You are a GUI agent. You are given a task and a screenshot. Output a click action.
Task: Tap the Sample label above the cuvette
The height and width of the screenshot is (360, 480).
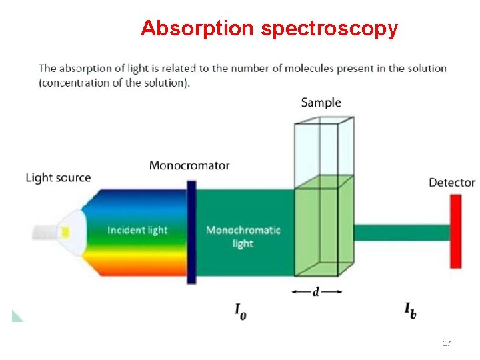321,103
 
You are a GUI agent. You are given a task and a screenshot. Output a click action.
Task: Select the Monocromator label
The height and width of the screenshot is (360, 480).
189,165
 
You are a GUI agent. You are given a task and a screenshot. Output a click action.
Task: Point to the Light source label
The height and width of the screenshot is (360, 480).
58,177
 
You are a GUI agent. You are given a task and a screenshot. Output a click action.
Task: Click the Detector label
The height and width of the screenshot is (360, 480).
451,182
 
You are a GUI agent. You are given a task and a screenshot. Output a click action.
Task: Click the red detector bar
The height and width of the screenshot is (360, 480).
455,231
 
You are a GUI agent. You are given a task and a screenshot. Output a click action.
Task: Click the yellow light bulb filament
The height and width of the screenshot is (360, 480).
65,232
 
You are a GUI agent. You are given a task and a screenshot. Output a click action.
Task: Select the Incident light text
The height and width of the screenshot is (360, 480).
137,230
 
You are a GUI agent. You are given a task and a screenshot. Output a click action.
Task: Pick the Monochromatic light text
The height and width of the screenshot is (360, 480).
243,237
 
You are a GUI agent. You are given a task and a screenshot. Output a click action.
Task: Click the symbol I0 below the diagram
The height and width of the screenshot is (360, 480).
240,311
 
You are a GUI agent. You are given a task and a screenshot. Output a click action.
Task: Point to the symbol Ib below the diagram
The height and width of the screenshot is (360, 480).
410,310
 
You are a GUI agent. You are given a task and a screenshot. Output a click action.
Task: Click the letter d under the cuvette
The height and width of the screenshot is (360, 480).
316,292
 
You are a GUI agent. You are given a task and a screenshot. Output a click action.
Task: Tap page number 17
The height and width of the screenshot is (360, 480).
447,343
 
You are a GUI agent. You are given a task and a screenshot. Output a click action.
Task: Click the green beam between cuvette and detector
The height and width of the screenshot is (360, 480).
400,232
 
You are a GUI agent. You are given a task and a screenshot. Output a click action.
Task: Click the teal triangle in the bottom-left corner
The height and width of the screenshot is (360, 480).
16,316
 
